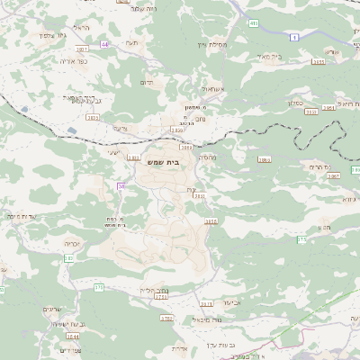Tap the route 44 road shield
(x=104, y=43)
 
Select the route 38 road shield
(x=120, y=186)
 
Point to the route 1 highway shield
(x=293, y=37)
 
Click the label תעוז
(x=132, y=43)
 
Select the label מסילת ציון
(x=209, y=43)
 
